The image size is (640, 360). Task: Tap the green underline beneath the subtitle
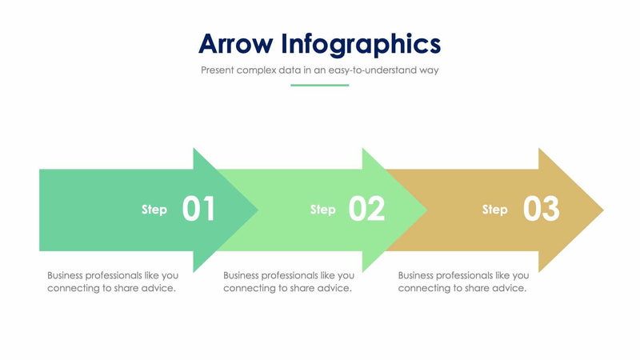pyautogui.click(x=319, y=84)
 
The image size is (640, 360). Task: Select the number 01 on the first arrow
pyautogui.click(x=198, y=210)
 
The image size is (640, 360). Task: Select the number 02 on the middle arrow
pyautogui.click(x=367, y=210)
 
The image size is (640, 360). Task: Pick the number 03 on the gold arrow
pyautogui.click(x=541, y=210)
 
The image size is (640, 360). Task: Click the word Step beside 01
pyautogui.click(x=154, y=210)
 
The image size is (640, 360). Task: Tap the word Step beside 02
pyautogui.click(x=323, y=210)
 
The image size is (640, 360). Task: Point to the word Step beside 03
pyautogui.click(x=494, y=210)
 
